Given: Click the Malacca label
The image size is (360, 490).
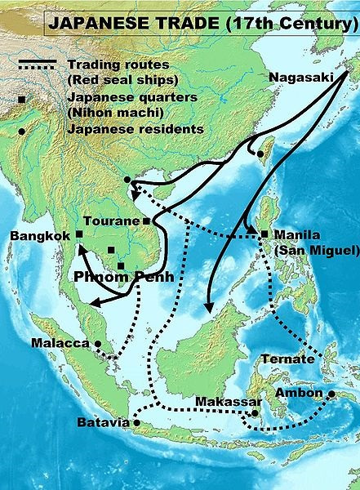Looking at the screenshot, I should coord(60,344).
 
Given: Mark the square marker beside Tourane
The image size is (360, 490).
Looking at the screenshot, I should coord(146,221).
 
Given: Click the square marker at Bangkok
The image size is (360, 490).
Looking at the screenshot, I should coord(79,234).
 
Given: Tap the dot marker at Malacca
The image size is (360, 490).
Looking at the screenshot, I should coord(97,344).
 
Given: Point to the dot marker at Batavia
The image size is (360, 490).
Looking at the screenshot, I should coord(136,423).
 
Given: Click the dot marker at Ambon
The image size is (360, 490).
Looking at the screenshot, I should coord(332,394).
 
